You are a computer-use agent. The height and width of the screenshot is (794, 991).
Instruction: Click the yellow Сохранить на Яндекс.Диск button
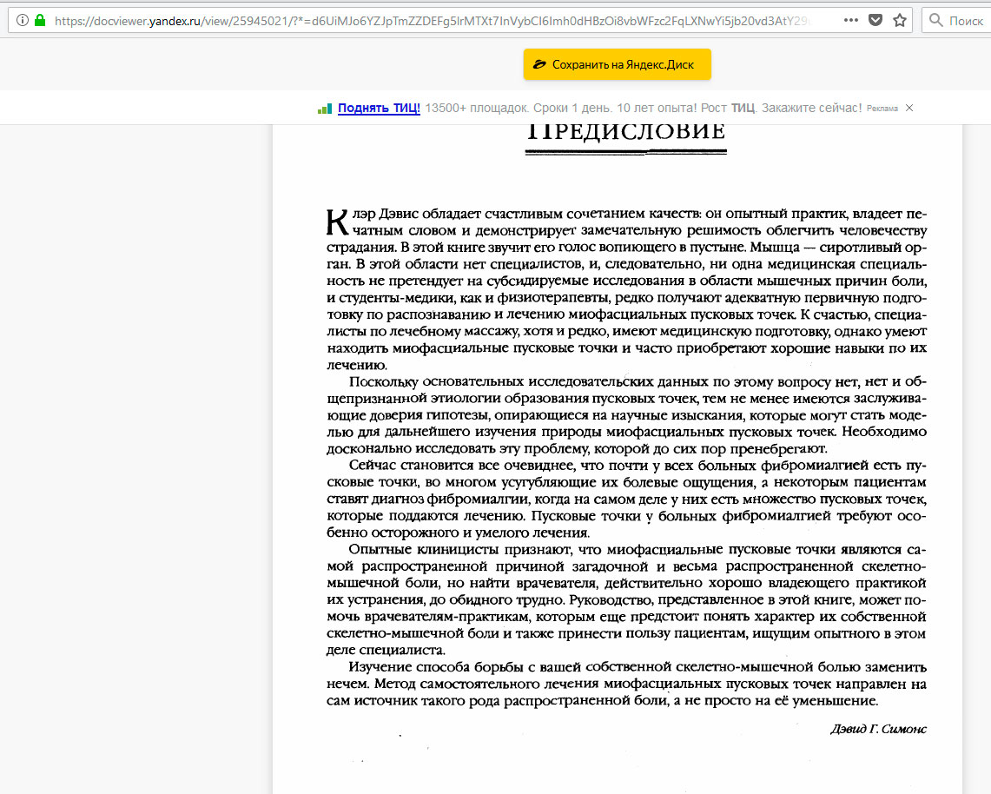(x=617, y=64)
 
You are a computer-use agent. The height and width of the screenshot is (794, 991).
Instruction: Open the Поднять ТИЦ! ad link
(x=379, y=108)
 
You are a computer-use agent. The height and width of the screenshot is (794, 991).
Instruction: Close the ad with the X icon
(x=909, y=108)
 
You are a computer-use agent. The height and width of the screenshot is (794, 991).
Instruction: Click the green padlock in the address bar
(x=39, y=20)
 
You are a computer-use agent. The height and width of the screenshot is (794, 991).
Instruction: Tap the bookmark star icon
(x=900, y=20)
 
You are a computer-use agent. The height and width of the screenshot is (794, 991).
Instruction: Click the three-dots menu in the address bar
(x=850, y=20)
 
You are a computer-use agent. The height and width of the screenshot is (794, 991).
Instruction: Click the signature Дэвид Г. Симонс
(x=878, y=729)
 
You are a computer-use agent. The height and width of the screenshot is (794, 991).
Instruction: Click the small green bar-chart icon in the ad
(x=325, y=109)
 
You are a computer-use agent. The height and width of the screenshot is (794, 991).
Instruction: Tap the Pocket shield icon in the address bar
(x=875, y=20)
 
